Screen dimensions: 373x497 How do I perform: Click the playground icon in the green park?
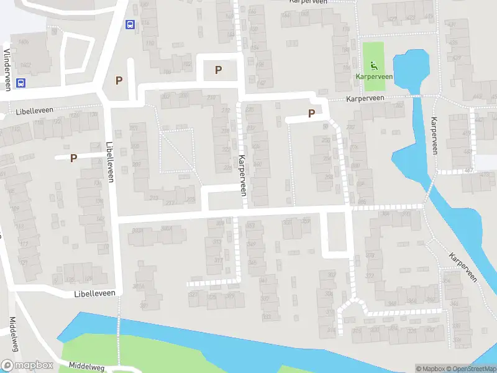pos(373,65)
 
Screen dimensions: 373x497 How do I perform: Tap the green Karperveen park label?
pos(373,76)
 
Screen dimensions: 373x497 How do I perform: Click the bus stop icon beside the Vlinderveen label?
pos(21,83)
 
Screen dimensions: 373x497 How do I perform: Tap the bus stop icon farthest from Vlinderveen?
pos(130,25)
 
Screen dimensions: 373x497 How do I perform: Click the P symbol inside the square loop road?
pos(218,70)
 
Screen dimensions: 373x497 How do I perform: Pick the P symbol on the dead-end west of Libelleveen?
pos(73,158)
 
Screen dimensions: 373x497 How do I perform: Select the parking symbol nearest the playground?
pos(311,113)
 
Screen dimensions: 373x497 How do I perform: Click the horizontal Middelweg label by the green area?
pos(86,367)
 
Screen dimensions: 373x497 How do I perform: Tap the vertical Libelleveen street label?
pos(111,160)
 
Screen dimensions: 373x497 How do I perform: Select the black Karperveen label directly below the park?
pos(365,98)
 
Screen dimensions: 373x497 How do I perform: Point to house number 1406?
pos(24,42)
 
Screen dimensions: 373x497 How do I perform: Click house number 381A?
pos(138,285)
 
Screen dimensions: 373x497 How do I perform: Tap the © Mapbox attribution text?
pos(430,369)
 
